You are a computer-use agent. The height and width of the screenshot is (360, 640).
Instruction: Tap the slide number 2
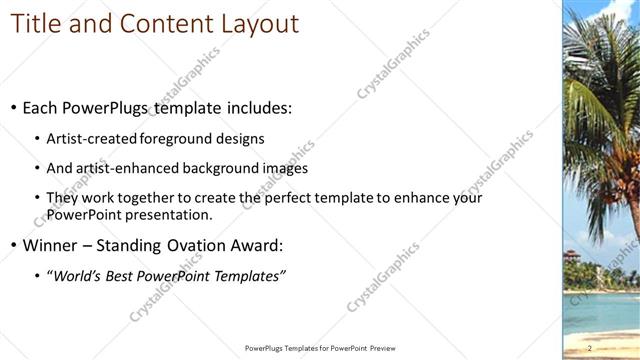tap(591, 347)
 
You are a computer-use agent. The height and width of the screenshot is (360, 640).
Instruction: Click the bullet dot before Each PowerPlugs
tap(13, 108)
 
